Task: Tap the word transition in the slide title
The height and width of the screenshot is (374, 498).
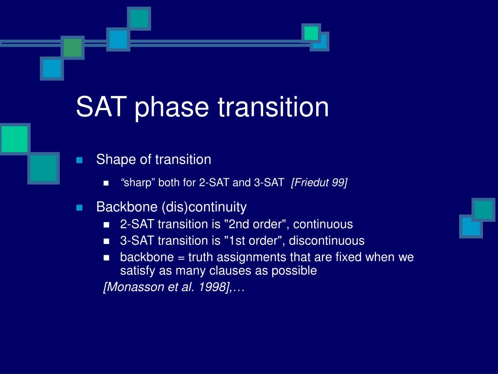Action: point(273,107)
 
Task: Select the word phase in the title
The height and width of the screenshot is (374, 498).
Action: point(172,109)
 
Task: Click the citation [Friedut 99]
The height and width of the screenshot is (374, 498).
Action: point(319,183)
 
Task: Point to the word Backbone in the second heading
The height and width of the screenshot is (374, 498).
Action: point(127,207)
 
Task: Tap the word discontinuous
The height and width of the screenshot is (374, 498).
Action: point(327,241)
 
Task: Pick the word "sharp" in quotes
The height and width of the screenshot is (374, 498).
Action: point(137,183)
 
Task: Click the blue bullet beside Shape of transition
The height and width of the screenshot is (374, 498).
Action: point(79,160)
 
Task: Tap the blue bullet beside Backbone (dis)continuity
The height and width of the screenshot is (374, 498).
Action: point(79,208)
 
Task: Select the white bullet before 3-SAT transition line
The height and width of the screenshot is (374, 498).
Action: point(107,242)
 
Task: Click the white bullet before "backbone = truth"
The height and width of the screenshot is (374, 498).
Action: point(107,258)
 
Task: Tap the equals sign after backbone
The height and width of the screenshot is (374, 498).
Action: point(181,258)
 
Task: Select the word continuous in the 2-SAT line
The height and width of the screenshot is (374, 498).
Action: point(323,224)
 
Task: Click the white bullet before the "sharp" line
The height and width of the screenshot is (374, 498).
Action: point(107,183)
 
